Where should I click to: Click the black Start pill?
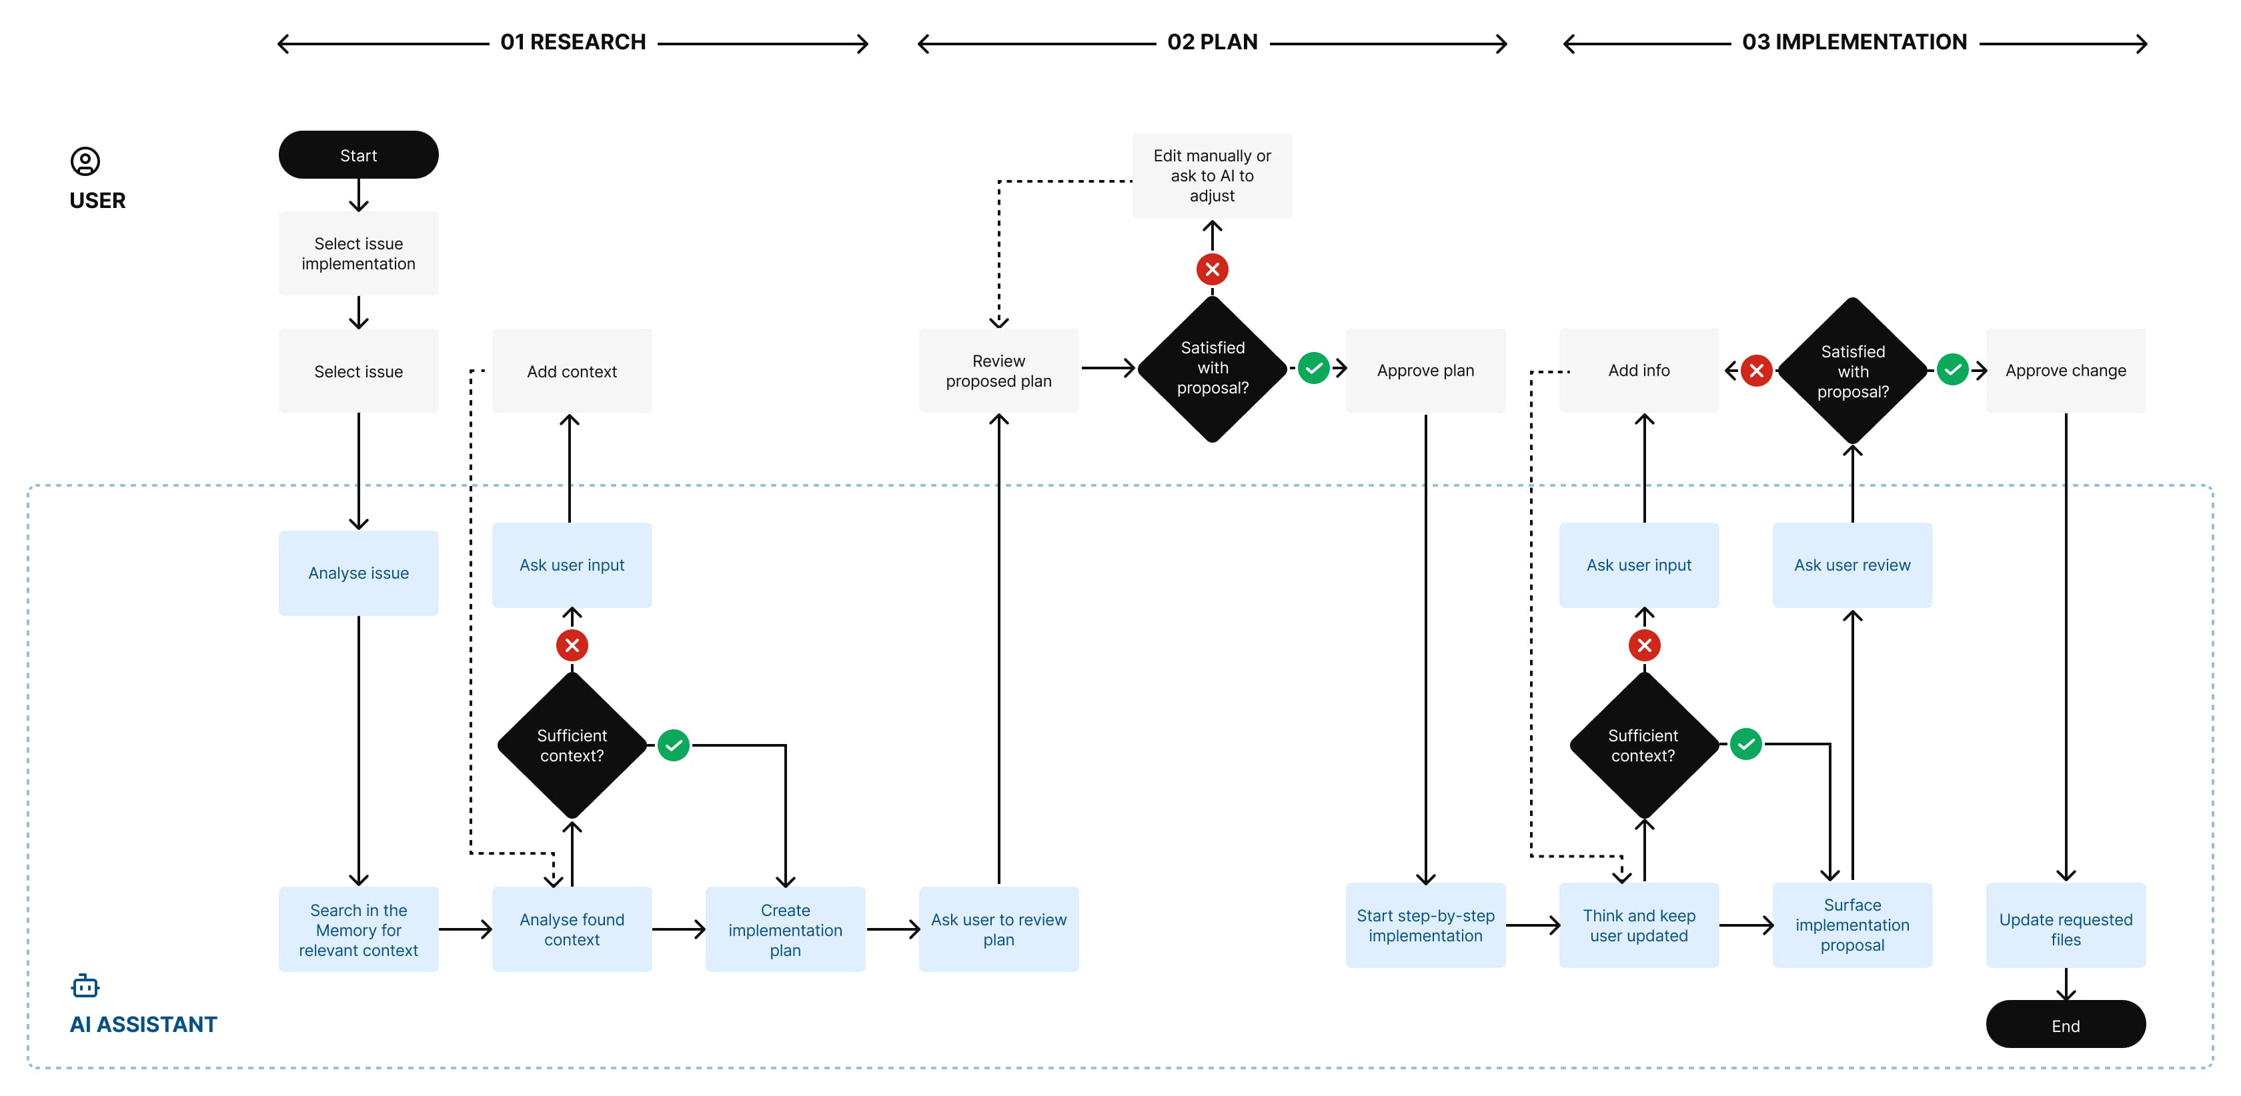click(358, 155)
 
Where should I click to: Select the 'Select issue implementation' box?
click(358, 253)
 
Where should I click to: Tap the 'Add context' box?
click(572, 371)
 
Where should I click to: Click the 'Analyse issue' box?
click(358, 573)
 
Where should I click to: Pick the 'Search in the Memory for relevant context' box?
click(358, 929)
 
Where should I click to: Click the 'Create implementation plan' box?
click(785, 929)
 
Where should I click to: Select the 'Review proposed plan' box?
click(998, 371)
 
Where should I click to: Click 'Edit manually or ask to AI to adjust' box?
click(1211, 176)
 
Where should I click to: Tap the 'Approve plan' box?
click(1425, 371)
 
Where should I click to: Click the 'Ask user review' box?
click(1851, 565)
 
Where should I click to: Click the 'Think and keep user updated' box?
click(1638, 925)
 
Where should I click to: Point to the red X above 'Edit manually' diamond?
click(1212, 269)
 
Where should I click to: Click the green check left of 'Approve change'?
click(1952, 370)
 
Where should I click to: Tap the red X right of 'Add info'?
click(1756, 371)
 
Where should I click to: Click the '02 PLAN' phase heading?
click(1212, 42)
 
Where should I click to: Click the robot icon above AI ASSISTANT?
click(85, 985)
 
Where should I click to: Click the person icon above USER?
click(85, 161)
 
